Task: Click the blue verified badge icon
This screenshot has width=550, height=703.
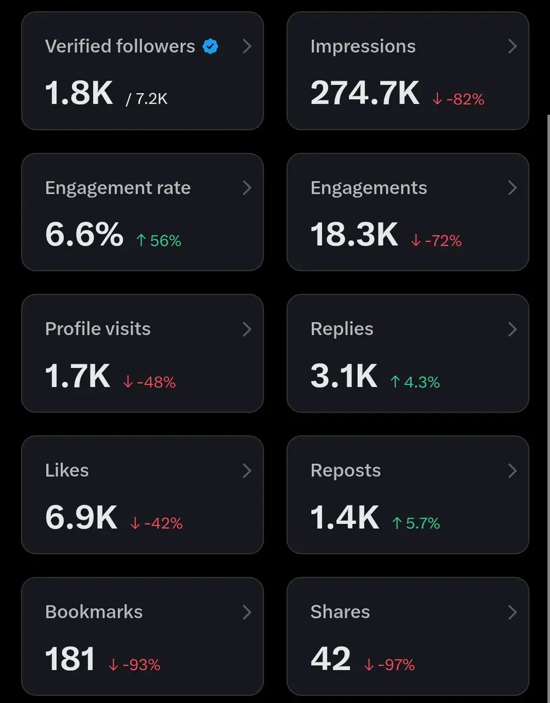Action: click(x=210, y=46)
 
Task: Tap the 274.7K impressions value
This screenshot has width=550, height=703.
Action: click(x=365, y=93)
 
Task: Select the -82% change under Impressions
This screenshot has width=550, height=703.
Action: click(x=459, y=99)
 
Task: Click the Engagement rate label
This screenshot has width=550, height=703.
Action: click(x=118, y=188)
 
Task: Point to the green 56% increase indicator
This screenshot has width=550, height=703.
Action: click(x=159, y=240)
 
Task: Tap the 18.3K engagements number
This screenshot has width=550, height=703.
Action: click(x=354, y=234)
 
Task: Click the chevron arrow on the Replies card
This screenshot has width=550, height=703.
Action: click(x=513, y=329)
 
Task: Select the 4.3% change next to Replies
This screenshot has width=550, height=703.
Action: click(x=415, y=382)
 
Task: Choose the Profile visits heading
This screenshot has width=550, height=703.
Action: click(x=98, y=329)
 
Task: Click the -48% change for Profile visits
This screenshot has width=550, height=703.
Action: click(x=149, y=382)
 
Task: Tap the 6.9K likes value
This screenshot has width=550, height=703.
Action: click(x=81, y=517)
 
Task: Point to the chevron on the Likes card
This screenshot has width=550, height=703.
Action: click(x=247, y=470)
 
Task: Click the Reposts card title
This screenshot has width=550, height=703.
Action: click(x=346, y=470)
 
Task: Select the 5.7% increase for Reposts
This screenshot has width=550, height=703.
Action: click(x=416, y=523)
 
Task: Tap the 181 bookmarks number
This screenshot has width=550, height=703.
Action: click(x=70, y=658)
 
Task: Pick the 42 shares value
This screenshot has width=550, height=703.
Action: click(x=331, y=658)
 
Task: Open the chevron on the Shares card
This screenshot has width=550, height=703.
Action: click(x=513, y=612)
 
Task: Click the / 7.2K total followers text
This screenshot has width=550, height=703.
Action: click(x=147, y=99)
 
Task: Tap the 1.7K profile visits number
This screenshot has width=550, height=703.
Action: click(x=77, y=376)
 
